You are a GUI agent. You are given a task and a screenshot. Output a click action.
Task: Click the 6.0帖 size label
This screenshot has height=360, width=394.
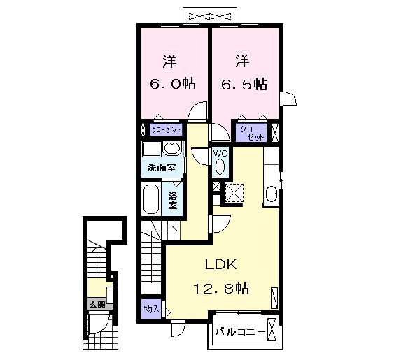click(172, 84)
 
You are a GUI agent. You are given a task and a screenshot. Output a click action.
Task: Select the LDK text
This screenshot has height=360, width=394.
click(222, 264)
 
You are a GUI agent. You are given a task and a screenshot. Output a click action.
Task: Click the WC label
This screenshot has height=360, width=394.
click(220, 154)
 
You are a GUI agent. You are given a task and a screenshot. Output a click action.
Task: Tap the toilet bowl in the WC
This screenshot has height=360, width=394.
click(220, 167)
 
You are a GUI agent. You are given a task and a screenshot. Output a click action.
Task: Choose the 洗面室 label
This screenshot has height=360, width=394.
click(160, 168)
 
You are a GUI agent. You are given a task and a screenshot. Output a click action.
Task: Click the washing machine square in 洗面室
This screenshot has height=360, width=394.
click(151, 150)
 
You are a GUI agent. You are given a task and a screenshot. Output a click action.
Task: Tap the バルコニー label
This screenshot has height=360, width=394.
click(240, 331)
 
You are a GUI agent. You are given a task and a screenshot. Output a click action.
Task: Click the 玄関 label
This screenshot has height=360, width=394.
click(97, 304)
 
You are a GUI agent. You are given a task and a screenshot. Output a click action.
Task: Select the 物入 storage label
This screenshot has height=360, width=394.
click(152, 308)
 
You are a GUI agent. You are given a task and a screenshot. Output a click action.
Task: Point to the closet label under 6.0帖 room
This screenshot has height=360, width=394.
click(167, 130)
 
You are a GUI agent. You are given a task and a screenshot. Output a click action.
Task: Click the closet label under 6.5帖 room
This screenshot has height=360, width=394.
click(252, 133)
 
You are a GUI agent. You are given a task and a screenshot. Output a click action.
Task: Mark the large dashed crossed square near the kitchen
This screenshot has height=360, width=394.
click(233, 191)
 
